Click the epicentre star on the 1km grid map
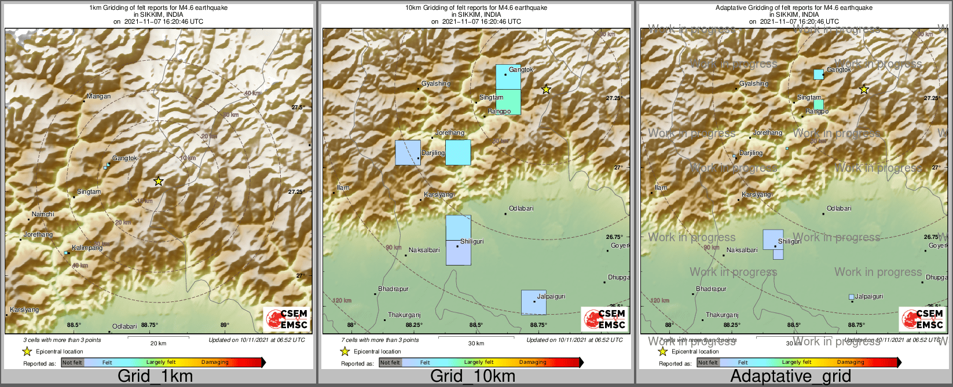pos(159,181)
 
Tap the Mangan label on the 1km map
pos(98,97)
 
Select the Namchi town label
pos(43,215)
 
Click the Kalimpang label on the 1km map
pos(87,248)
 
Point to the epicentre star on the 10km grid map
pos(546,89)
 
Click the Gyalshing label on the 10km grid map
pos(435,84)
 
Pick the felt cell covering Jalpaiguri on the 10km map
pos(533,302)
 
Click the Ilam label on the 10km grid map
pos(343,188)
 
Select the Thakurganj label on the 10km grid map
pos(404,315)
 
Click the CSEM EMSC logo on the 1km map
pos(286,319)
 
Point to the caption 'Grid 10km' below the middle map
pos(472,377)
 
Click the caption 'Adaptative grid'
pos(790,377)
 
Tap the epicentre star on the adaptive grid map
pos(864,89)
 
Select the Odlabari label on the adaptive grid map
pos(839,209)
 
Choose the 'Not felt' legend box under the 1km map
pos(72,363)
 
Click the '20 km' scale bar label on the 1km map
pos(158,344)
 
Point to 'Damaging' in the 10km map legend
pos(533,363)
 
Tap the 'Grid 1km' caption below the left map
pos(155,377)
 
